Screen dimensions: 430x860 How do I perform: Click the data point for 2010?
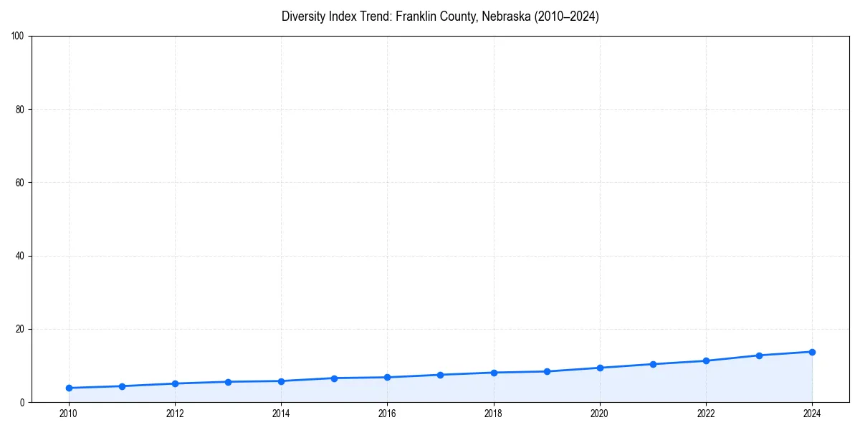click(x=69, y=388)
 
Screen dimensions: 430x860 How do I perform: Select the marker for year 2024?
click(x=812, y=352)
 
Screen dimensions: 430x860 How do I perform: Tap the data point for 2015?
click(x=334, y=378)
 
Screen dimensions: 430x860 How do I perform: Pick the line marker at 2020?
click(x=600, y=368)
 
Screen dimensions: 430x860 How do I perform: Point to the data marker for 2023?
click(x=759, y=355)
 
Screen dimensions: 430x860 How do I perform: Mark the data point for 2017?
click(x=440, y=375)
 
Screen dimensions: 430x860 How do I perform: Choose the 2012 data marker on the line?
click(x=175, y=383)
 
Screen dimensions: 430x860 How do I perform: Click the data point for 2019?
click(x=547, y=371)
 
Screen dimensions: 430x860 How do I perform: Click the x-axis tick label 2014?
click(x=281, y=413)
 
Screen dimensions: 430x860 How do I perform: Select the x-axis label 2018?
click(x=493, y=413)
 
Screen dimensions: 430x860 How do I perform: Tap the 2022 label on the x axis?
click(x=706, y=413)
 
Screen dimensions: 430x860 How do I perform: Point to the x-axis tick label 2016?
click(x=387, y=413)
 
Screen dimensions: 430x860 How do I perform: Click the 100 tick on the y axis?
click(x=18, y=36)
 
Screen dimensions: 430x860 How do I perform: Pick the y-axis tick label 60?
click(x=20, y=183)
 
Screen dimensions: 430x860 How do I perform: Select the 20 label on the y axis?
click(x=20, y=329)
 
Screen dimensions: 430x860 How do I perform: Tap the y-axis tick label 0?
click(x=23, y=403)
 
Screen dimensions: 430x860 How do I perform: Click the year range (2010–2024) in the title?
click(x=566, y=16)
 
